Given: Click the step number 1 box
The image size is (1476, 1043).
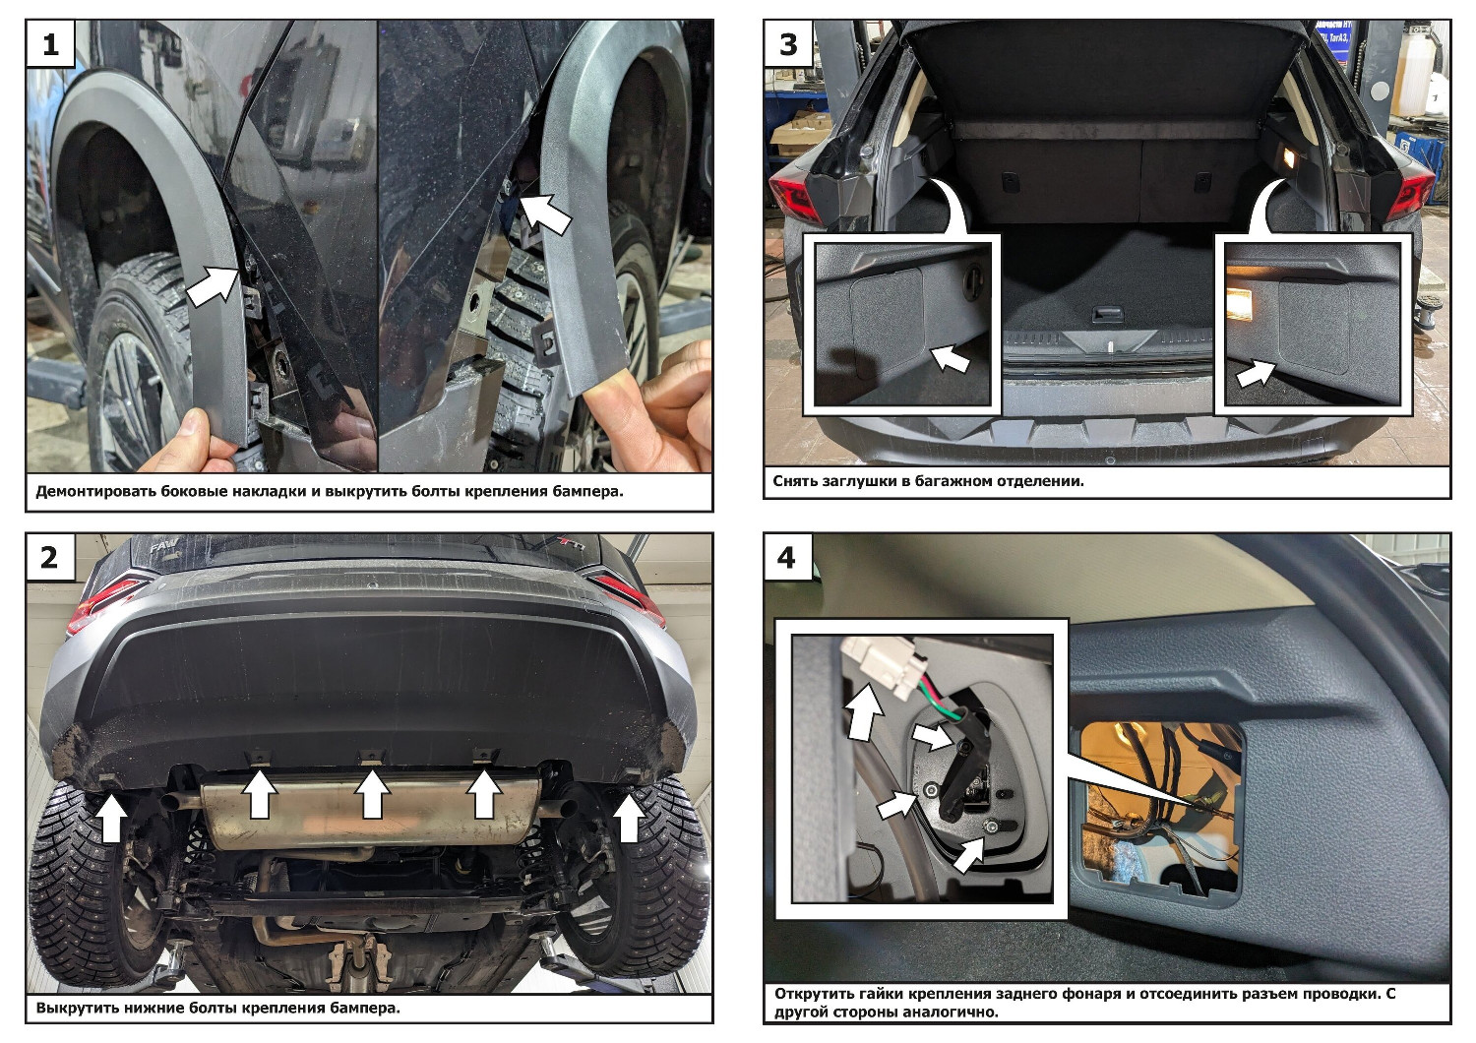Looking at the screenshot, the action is click(51, 43).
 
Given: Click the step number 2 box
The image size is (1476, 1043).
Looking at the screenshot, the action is click(50, 557).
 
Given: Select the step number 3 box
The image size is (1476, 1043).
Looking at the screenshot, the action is click(788, 43).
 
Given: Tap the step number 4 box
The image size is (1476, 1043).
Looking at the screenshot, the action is click(788, 557).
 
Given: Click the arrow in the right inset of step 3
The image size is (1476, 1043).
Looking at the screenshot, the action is click(1255, 375).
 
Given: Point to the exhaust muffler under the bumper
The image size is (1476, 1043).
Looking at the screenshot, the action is click(370, 812).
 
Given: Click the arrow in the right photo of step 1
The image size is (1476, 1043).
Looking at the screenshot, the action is click(545, 213).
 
